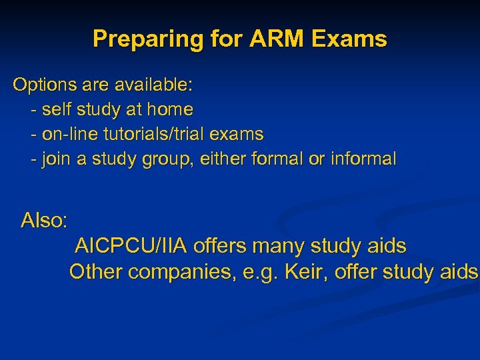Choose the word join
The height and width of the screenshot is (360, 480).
coord(57,159)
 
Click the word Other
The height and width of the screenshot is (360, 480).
coord(96,272)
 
